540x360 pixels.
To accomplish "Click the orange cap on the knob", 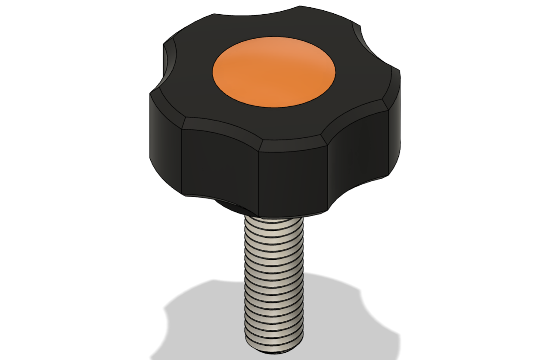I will click(x=274, y=71).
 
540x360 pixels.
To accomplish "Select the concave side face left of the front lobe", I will click(x=220, y=164).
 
